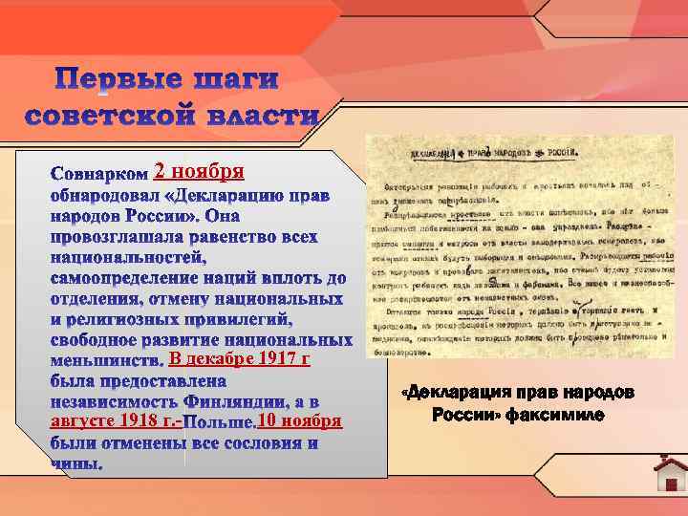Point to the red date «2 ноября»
point(200,172)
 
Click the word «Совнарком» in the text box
point(99,175)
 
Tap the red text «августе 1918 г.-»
point(115,421)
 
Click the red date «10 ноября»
point(299,421)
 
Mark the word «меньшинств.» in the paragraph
point(106,361)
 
